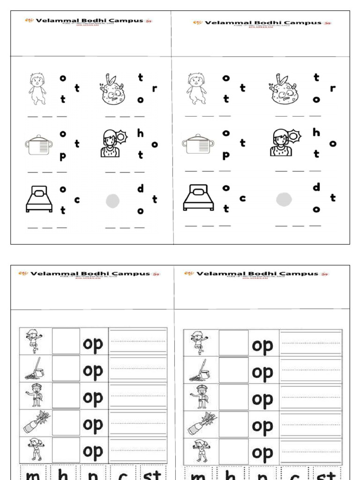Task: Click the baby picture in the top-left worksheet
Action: click(37, 89)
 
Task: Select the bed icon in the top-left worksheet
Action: click(39, 199)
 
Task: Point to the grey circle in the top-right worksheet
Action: click(284, 199)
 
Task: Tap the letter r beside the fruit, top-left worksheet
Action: click(154, 88)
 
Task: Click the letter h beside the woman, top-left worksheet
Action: click(140, 134)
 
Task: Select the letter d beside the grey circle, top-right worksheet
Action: click(316, 187)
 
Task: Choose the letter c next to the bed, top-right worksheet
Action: click(242, 198)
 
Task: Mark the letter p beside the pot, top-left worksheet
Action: click(63, 157)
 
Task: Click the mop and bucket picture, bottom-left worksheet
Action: click(35, 369)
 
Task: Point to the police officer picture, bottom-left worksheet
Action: click(35, 395)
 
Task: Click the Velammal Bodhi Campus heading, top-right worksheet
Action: click(262, 22)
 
